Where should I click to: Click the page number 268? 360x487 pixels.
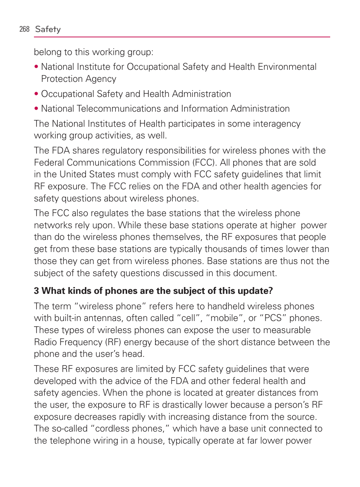tap(24, 29)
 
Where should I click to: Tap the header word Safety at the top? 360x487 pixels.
tap(48, 29)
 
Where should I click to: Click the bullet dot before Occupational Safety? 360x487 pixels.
tap(36, 94)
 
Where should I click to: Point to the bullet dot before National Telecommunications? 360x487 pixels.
tap(36, 109)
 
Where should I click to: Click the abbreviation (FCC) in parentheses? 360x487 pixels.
tap(205, 163)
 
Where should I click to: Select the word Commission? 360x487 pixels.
tap(164, 163)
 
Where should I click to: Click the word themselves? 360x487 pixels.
tap(177, 237)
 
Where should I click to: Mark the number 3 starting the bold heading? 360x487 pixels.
tap(36, 291)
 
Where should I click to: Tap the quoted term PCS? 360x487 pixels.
tap(273, 318)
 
